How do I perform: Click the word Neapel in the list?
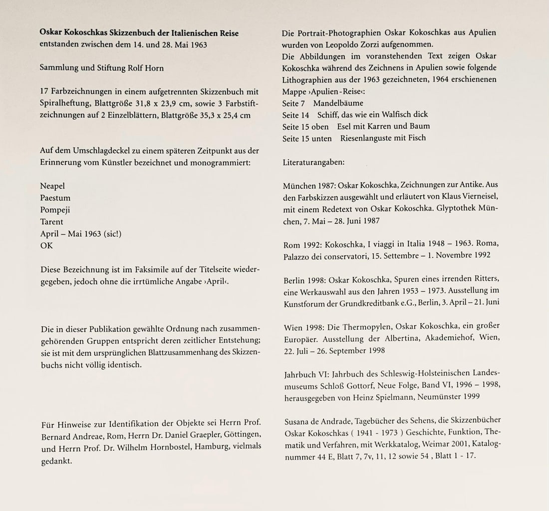point(52,186)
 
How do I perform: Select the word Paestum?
point(55,198)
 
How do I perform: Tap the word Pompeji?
point(55,210)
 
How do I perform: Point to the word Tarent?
point(52,221)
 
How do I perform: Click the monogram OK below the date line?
point(46,245)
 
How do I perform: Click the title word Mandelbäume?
point(338,103)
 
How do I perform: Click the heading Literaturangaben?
point(313,162)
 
